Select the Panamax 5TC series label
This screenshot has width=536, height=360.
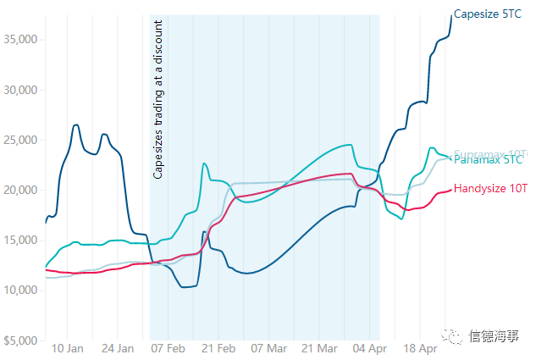(x=488, y=160)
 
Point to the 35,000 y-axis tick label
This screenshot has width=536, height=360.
(x=21, y=40)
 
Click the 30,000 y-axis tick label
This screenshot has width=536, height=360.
(x=21, y=90)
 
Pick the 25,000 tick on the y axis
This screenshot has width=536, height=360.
(x=21, y=140)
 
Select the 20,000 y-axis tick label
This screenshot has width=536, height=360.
(x=21, y=190)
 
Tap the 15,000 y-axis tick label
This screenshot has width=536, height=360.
(x=21, y=240)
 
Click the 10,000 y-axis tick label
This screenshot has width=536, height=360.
(x=21, y=290)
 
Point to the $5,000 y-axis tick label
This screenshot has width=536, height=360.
(x=21, y=340)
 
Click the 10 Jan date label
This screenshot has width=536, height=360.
(x=68, y=348)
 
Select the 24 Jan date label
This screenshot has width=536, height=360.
(x=118, y=348)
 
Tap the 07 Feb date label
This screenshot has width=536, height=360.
(x=168, y=348)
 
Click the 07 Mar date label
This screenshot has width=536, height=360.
(x=269, y=348)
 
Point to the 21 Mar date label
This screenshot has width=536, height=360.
(x=319, y=348)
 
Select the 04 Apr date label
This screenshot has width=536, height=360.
(x=370, y=348)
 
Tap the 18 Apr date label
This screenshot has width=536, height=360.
(x=420, y=348)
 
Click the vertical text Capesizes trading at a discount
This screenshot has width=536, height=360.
(x=158, y=100)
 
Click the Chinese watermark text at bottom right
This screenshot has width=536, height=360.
(x=489, y=336)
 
